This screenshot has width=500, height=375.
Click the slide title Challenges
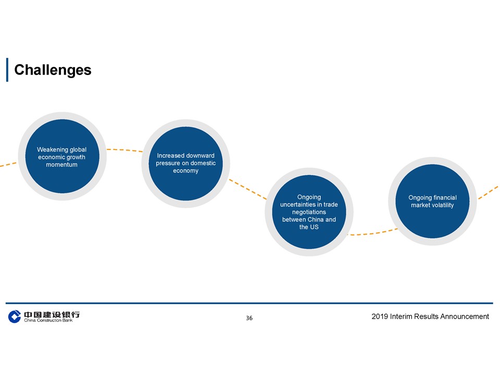pos(53,70)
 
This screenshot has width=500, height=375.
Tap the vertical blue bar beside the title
pos(7,70)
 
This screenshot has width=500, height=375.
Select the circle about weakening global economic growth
pos(62,156)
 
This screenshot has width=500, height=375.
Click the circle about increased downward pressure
pos(185,164)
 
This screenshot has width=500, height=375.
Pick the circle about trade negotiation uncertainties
pos(309,212)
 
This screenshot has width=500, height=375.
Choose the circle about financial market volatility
pos(432,201)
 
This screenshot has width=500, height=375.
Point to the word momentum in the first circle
pos(61,165)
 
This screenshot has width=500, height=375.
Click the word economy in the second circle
pos(185,171)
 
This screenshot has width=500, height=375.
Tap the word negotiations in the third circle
pos(309,212)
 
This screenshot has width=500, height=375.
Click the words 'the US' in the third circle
pos(309,227)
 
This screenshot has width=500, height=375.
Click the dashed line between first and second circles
pos(124,149)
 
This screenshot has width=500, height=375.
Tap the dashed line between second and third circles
pos(248,190)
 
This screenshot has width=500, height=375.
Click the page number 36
pos(249,318)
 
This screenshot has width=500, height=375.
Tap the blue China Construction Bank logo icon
pos(15,316)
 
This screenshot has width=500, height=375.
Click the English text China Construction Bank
pos(48,320)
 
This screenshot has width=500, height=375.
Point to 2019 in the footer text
pos(380,316)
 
